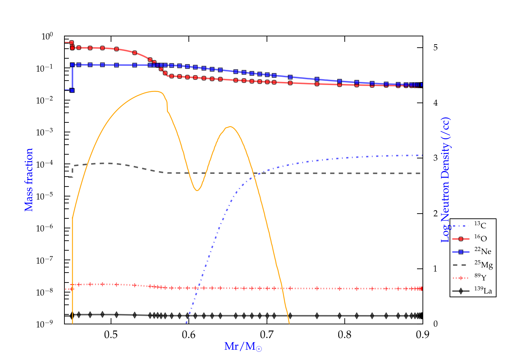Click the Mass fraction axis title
(29, 180)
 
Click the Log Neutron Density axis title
(445, 180)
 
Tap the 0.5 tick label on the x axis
(111, 335)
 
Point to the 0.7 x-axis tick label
(267, 335)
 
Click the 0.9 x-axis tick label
(423, 335)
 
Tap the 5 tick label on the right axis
(436, 47)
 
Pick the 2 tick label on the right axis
(436, 213)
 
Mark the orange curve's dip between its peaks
(197, 190)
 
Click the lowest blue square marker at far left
(72, 90)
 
